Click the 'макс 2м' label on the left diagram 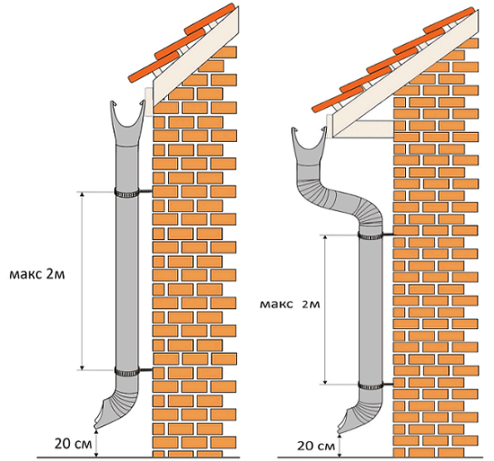(x=37, y=274)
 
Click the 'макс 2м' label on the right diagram (x=290, y=305)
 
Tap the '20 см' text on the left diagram (x=74, y=444)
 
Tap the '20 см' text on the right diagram (x=316, y=446)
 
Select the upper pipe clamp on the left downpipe (x=127, y=192)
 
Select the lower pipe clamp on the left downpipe (x=127, y=372)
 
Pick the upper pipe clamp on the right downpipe (x=370, y=235)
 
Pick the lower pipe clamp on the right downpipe (x=370, y=385)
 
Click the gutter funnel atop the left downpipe (x=128, y=123)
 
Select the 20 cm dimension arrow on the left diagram (x=96, y=443)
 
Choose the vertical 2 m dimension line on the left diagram (x=83, y=281)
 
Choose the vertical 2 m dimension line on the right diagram (x=325, y=310)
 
